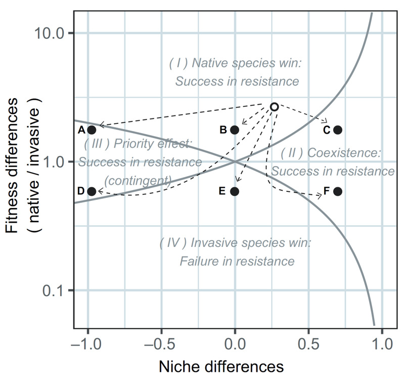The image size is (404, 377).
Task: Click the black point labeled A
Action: (92, 130)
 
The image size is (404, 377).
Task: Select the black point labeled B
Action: (235, 130)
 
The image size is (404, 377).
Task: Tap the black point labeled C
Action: (338, 130)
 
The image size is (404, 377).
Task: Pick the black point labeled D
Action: (92, 191)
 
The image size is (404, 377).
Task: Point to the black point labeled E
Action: (235, 191)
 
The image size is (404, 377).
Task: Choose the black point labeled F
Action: (338, 191)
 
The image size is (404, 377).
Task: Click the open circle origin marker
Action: (274, 107)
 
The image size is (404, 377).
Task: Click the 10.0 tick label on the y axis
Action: (48, 33)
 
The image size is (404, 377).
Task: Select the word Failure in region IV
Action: (200, 262)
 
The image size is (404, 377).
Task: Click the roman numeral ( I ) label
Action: (178, 63)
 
